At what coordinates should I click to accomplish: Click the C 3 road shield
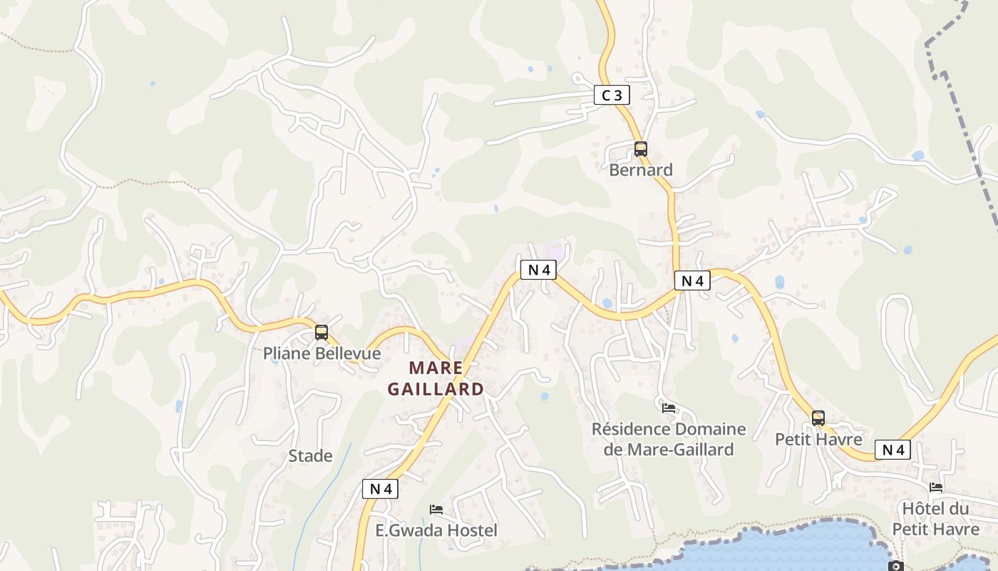click(x=612, y=95)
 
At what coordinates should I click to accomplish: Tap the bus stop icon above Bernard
click(x=641, y=149)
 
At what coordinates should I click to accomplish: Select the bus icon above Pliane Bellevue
click(x=321, y=333)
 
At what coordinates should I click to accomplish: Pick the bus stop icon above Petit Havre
click(x=818, y=418)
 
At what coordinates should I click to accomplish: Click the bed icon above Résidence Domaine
click(x=669, y=408)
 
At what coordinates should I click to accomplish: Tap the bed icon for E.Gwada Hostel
click(x=436, y=510)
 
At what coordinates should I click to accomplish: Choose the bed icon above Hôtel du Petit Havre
click(x=936, y=487)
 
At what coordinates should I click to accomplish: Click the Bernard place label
click(x=641, y=170)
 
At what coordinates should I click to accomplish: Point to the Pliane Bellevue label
click(x=321, y=353)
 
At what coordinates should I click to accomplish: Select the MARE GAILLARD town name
click(x=435, y=378)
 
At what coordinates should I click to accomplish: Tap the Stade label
click(x=310, y=455)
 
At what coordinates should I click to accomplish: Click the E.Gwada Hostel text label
click(x=436, y=530)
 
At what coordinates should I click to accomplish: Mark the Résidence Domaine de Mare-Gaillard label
click(x=669, y=439)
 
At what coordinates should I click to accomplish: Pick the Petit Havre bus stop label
click(x=818, y=439)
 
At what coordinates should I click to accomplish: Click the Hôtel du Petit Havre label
click(x=936, y=519)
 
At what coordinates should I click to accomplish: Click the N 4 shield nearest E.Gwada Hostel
click(x=380, y=489)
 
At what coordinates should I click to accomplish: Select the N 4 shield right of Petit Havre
click(x=893, y=450)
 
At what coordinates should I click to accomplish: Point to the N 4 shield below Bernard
click(x=692, y=281)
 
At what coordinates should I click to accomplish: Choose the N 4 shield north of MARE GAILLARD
click(x=537, y=270)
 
